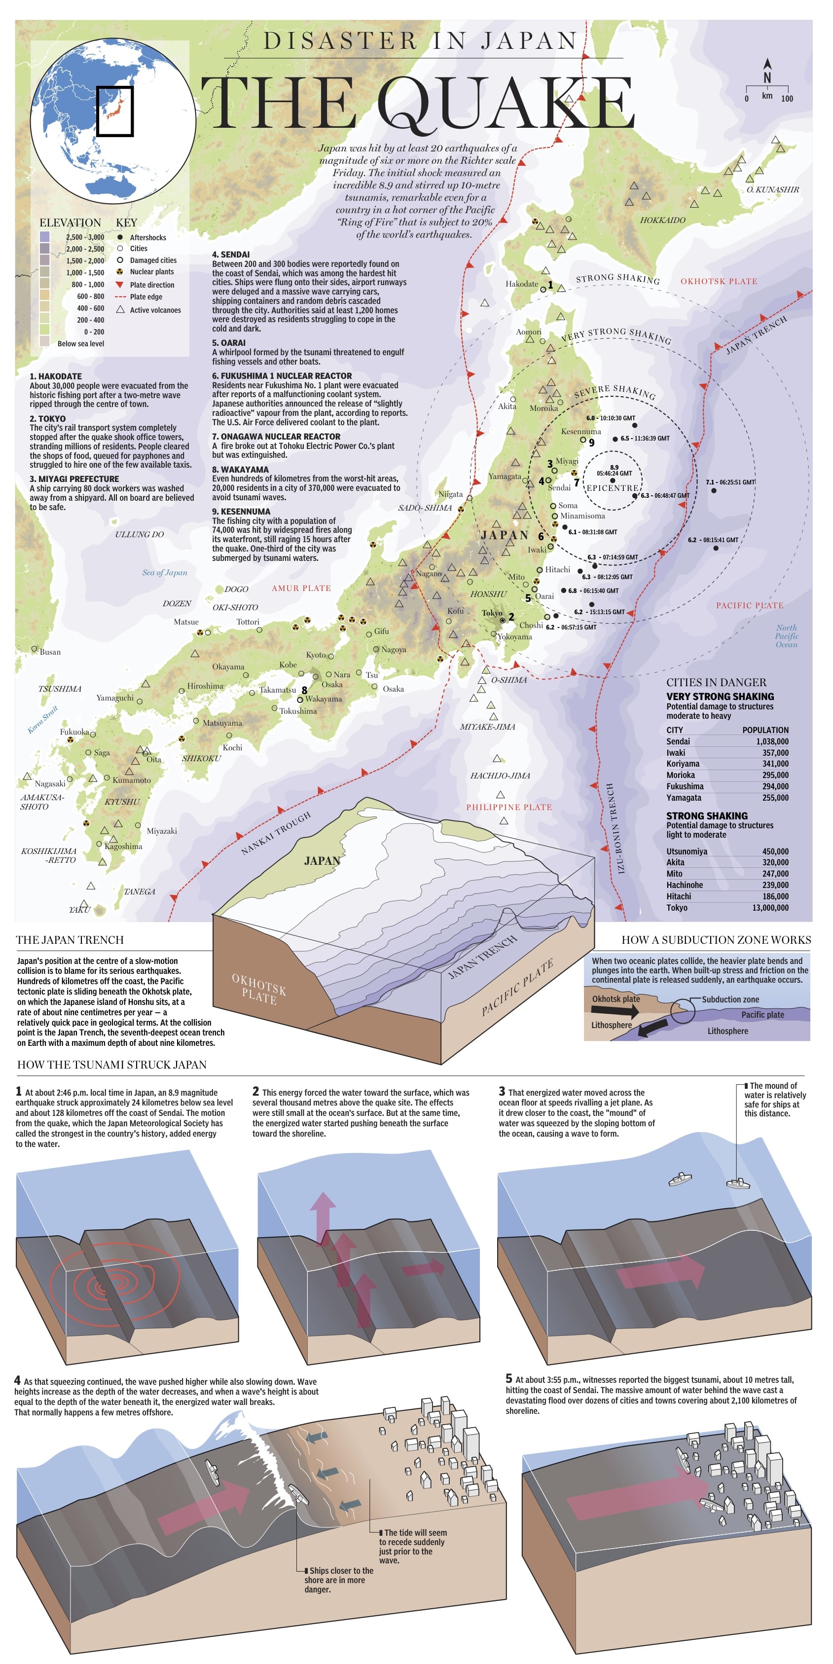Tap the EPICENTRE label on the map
pyautogui.click(x=612, y=488)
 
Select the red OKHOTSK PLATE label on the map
pyautogui.click(x=719, y=282)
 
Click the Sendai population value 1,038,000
pyautogui.click(x=772, y=741)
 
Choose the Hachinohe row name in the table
pyautogui.click(x=685, y=885)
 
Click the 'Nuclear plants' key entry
pyautogui.click(x=152, y=272)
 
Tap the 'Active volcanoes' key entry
pyautogui.click(x=155, y=310)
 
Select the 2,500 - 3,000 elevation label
pyautogui.click(x=85, y=237)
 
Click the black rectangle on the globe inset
pyautogui.click(x=115, y=111)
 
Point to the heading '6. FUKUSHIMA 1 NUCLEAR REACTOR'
pyautogui.click(x=282, y=376)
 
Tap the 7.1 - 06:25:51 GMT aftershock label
pyautogui.click(x=730, y=482)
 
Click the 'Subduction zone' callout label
pyautogui.click(x=730, y=999)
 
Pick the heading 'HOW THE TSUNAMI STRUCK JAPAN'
pyautogui.click(x=112, y=1065)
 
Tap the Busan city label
pyautogui.click(x=50, y=652)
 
